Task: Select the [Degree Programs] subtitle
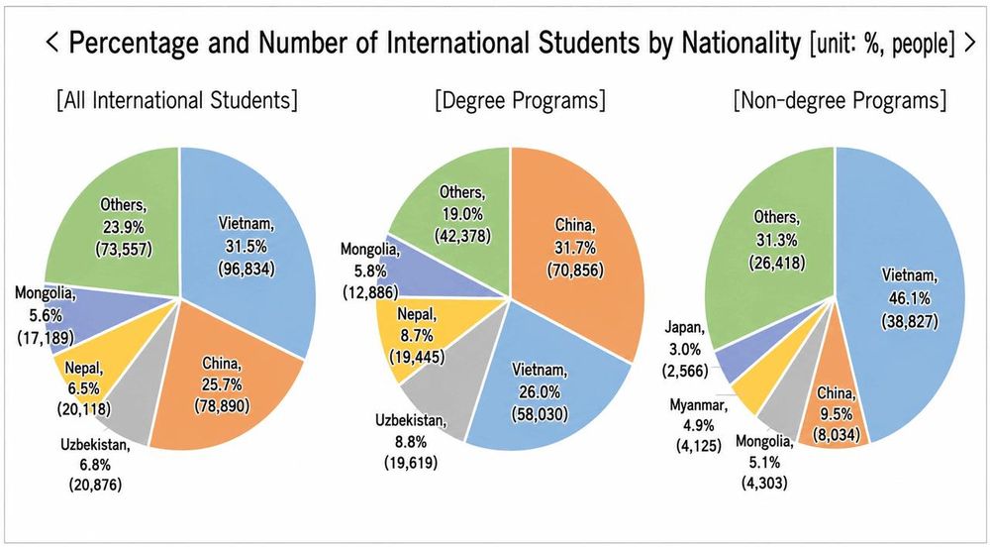point(520,101)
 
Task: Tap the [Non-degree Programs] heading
point(840,101)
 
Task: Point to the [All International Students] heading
point(177,101)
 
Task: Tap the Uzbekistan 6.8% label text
point(95,455)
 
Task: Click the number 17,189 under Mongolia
point(45,337)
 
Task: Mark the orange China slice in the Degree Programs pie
point(581,253)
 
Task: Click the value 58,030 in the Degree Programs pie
point(540,414)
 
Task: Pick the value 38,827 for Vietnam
point(910,321)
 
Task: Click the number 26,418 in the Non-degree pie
point(776,264)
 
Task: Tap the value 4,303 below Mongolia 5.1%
point(764,484)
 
